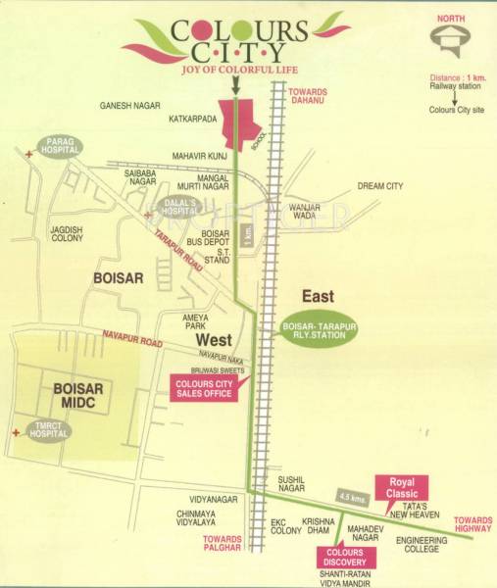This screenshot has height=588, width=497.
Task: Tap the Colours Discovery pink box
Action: click(340, 558)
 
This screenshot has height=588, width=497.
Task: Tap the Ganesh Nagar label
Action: click(130, 104)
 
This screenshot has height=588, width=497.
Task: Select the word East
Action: click(318, 296)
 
